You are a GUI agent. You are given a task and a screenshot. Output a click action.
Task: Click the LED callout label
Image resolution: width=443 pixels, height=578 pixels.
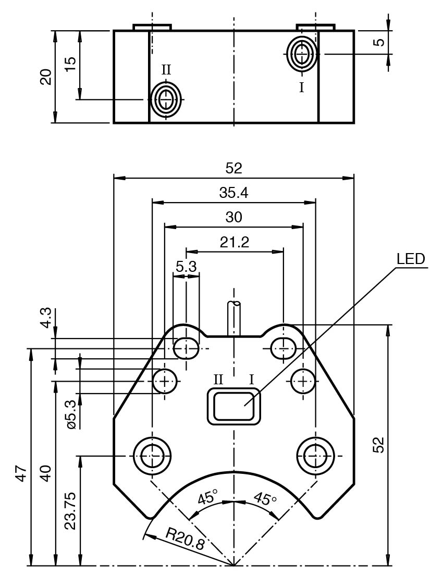(411, 259)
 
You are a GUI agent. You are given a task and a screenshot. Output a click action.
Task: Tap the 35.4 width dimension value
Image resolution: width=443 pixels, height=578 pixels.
(234, 193)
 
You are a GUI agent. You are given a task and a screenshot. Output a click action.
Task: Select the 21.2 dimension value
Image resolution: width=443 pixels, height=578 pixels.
(235, 242)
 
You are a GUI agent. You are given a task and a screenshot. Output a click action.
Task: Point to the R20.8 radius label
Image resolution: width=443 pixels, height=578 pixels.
(185, 538)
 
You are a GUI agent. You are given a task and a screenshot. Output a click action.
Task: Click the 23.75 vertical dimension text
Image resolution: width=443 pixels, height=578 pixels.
(70, 510)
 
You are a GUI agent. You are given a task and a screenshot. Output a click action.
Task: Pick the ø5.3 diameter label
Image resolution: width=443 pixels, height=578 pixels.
(71, 414)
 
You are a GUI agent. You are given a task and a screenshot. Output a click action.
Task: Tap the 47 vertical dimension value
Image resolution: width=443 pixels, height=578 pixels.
(21, 474)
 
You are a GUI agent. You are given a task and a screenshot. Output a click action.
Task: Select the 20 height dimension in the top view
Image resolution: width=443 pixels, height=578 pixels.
(46, 77)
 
